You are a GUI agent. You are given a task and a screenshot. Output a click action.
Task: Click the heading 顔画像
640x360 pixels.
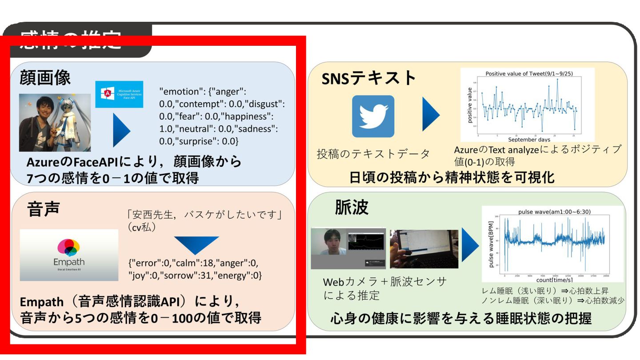(45, 78)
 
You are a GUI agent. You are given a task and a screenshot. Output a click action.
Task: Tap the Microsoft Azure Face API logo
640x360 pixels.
(119, 95)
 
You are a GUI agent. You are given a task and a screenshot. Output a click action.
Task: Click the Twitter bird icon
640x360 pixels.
(373, 116)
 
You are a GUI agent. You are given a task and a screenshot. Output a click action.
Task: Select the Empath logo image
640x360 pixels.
(69, 255)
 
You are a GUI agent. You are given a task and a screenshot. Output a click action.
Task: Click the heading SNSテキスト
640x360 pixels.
(369, 79)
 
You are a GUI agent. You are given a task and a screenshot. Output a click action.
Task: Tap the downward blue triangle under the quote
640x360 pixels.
(196, 245)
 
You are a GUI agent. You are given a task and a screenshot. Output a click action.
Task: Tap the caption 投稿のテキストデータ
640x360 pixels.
(373, 154)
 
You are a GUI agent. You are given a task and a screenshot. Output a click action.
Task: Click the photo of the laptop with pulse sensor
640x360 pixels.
(424, 249)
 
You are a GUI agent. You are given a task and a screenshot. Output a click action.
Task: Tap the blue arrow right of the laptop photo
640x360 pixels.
(469, 245)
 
